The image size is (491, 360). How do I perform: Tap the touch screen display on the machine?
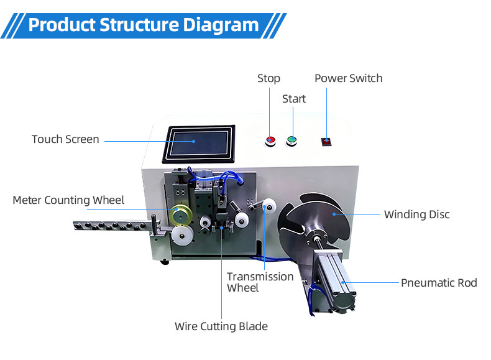tap(199, 144)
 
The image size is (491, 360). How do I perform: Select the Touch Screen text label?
tap(65, 139)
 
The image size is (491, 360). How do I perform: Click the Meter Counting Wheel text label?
tap(68, 200)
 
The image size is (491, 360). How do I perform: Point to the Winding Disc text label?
tap(416, 215)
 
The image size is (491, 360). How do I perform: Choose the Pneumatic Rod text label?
tap(439, 283)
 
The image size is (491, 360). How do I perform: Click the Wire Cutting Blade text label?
tap(221, 326)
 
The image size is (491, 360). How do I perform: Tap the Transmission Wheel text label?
tap(260, 282)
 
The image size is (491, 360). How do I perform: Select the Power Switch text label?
tap(348, 78)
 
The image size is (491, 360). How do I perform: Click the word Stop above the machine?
tap(268, 78)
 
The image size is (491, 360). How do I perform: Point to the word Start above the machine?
tap(294, 99)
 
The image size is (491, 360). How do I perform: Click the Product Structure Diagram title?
tap(144, 25)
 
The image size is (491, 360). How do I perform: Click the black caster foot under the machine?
tap(164, 261)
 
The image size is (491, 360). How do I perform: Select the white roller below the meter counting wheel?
tap(181, 235)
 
